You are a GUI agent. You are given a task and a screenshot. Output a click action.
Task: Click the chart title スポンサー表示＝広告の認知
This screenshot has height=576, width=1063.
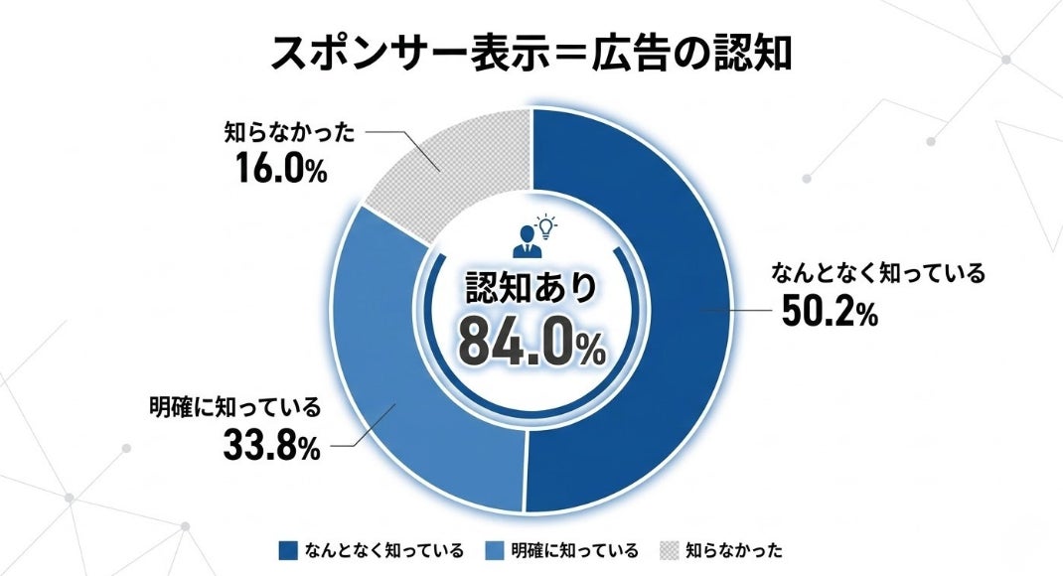click(531, 53)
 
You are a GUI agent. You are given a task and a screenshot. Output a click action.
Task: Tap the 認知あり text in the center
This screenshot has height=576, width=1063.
click(531, 288)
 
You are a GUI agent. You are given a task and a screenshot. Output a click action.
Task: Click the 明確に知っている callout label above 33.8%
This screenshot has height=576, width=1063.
click(234, 407)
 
